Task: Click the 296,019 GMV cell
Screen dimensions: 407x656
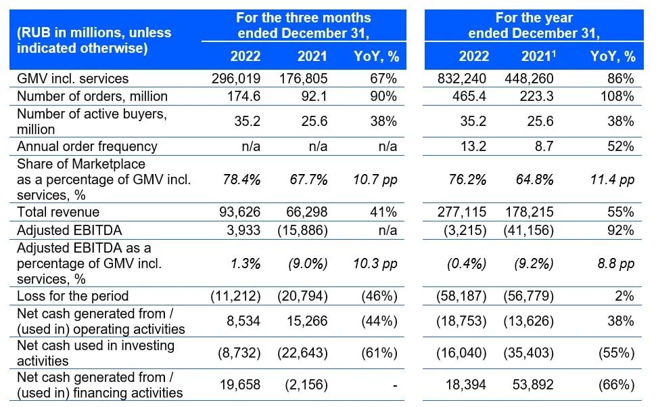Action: click(236, 79)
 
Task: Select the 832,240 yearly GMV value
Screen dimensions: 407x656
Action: click(463, 79)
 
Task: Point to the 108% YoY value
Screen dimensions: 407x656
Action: click(619, 96)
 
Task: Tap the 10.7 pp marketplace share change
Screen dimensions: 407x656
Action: click(376, 179)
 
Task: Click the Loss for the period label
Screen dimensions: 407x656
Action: click(72, 296)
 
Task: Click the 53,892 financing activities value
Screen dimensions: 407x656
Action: click(531, 385)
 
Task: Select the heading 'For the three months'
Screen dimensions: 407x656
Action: click(303, 18)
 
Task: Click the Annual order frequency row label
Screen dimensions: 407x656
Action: click(87, 146)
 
